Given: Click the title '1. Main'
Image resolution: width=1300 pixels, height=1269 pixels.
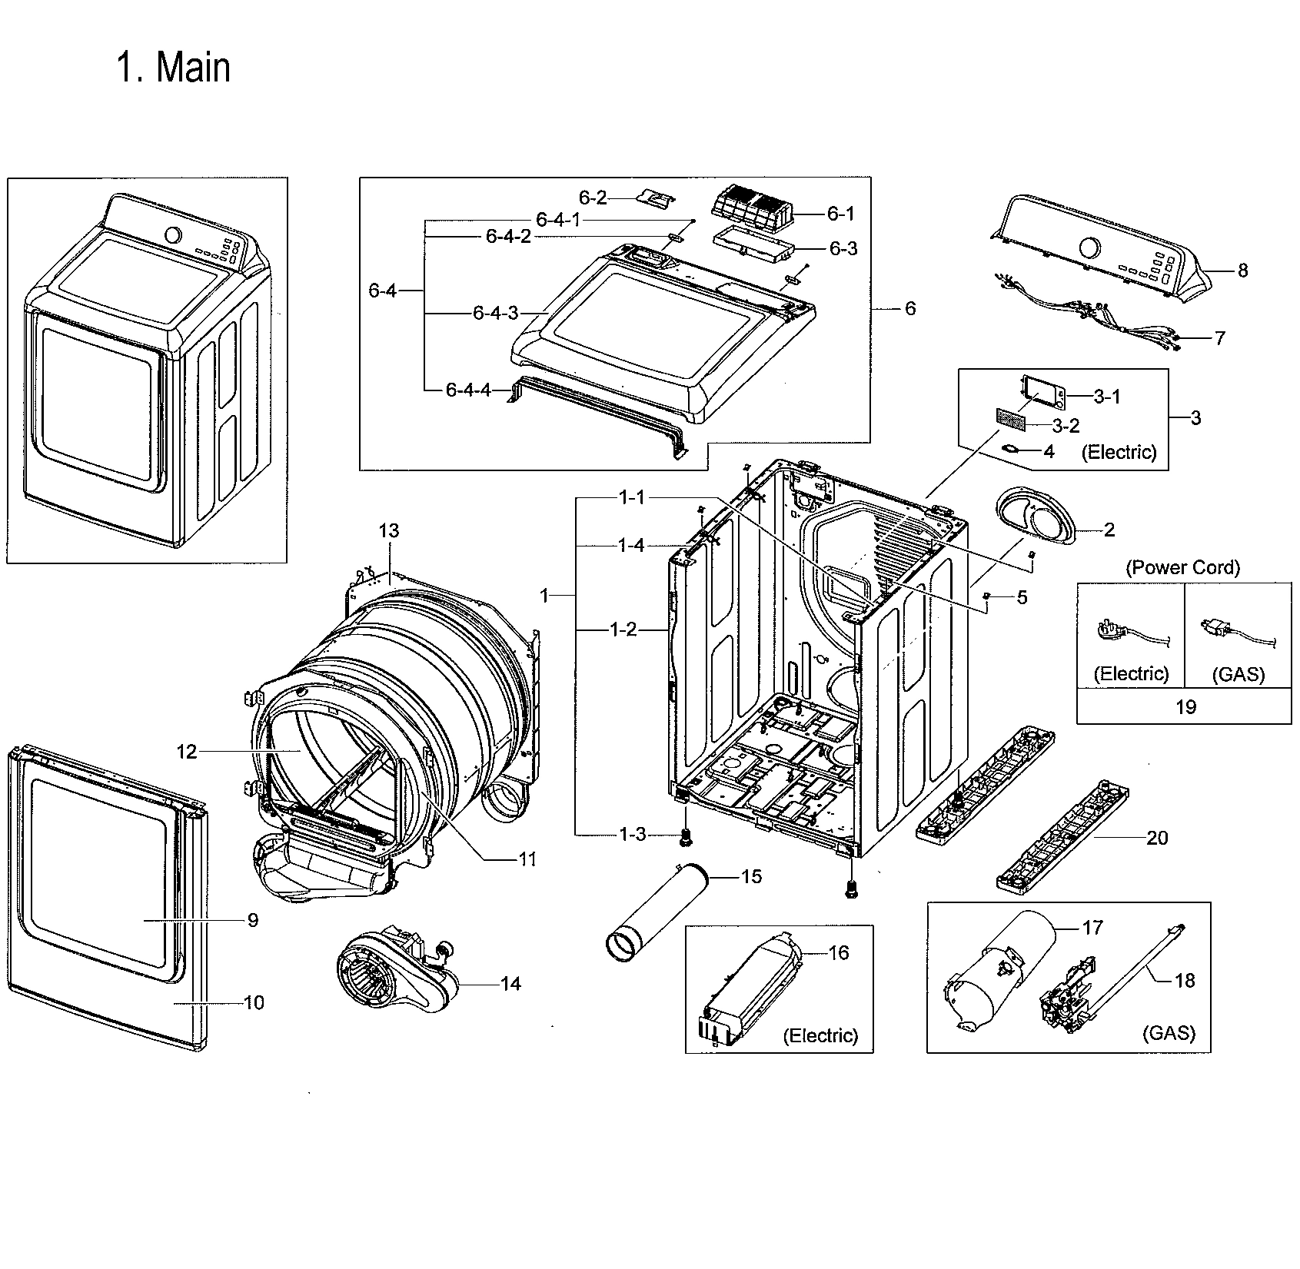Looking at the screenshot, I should (174, 68).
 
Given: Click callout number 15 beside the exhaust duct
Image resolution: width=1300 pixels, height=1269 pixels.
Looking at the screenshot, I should (751, 876).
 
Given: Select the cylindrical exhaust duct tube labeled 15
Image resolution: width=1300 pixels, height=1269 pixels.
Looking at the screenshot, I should (653, 911).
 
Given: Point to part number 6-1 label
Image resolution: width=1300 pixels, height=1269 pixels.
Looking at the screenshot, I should (840, 214).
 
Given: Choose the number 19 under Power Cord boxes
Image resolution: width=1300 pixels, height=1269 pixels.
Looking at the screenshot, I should (1185, 706).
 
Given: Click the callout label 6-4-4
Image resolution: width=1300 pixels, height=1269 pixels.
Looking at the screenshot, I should (467, 390).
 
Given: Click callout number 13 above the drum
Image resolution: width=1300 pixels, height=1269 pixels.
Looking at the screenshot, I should (389, 530).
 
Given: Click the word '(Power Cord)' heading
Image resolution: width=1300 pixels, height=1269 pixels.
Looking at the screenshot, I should (1183, 567).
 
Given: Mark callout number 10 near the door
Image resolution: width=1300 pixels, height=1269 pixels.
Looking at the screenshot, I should (253, 1002).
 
